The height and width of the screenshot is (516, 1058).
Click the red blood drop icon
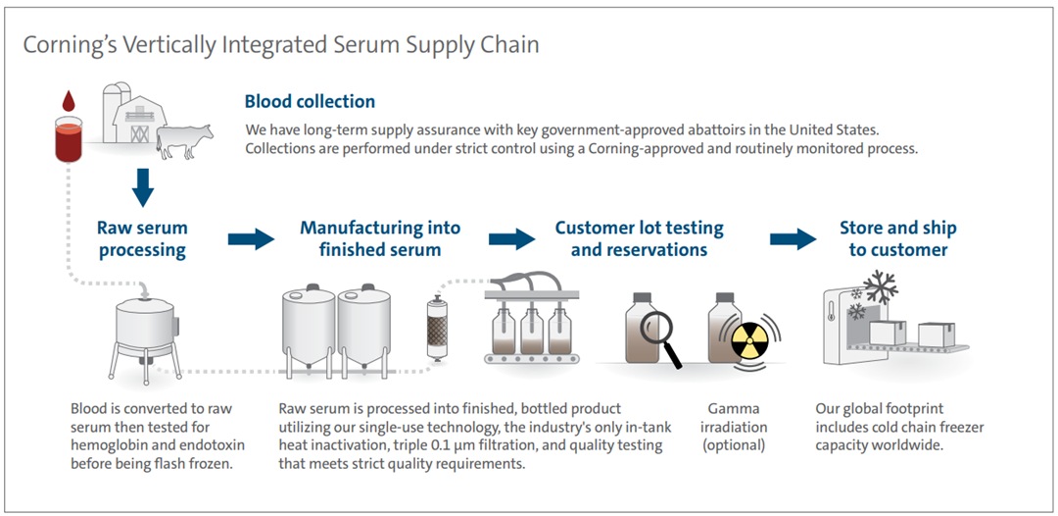point(68,102)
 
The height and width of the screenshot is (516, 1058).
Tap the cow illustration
point(184,139)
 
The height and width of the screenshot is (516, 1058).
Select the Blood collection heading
point(310,102)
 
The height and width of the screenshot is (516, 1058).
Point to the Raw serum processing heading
point(142,238)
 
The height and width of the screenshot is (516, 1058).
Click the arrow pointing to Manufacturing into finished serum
point(251,238)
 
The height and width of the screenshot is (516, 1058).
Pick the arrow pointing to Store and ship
point(793,238)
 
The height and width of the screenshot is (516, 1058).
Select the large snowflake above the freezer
point(881,286)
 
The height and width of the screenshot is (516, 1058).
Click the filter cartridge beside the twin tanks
point(438,329)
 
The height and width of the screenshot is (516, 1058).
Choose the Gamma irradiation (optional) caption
point(733,427)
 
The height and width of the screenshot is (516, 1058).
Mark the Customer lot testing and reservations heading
point(639,238)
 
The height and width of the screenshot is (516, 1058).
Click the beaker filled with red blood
point(69,139)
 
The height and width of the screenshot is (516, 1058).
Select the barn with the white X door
point(139,120)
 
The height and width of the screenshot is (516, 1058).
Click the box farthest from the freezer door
point(937,335)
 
